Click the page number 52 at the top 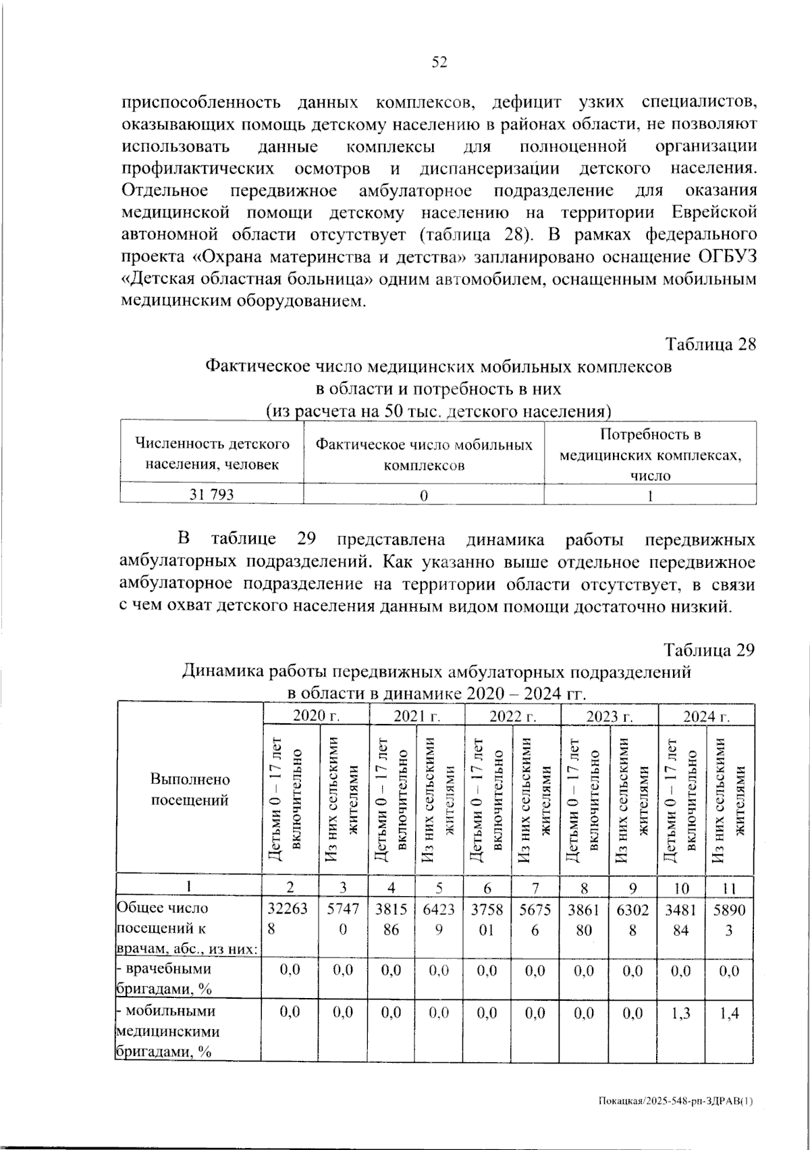(439, 63)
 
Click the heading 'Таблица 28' (711, 344)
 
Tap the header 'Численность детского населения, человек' (212, 454)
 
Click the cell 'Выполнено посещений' (190, 789)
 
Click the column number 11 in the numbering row (729, 887)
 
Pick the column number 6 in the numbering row (488, 887)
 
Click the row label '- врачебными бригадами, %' (164, 978)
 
